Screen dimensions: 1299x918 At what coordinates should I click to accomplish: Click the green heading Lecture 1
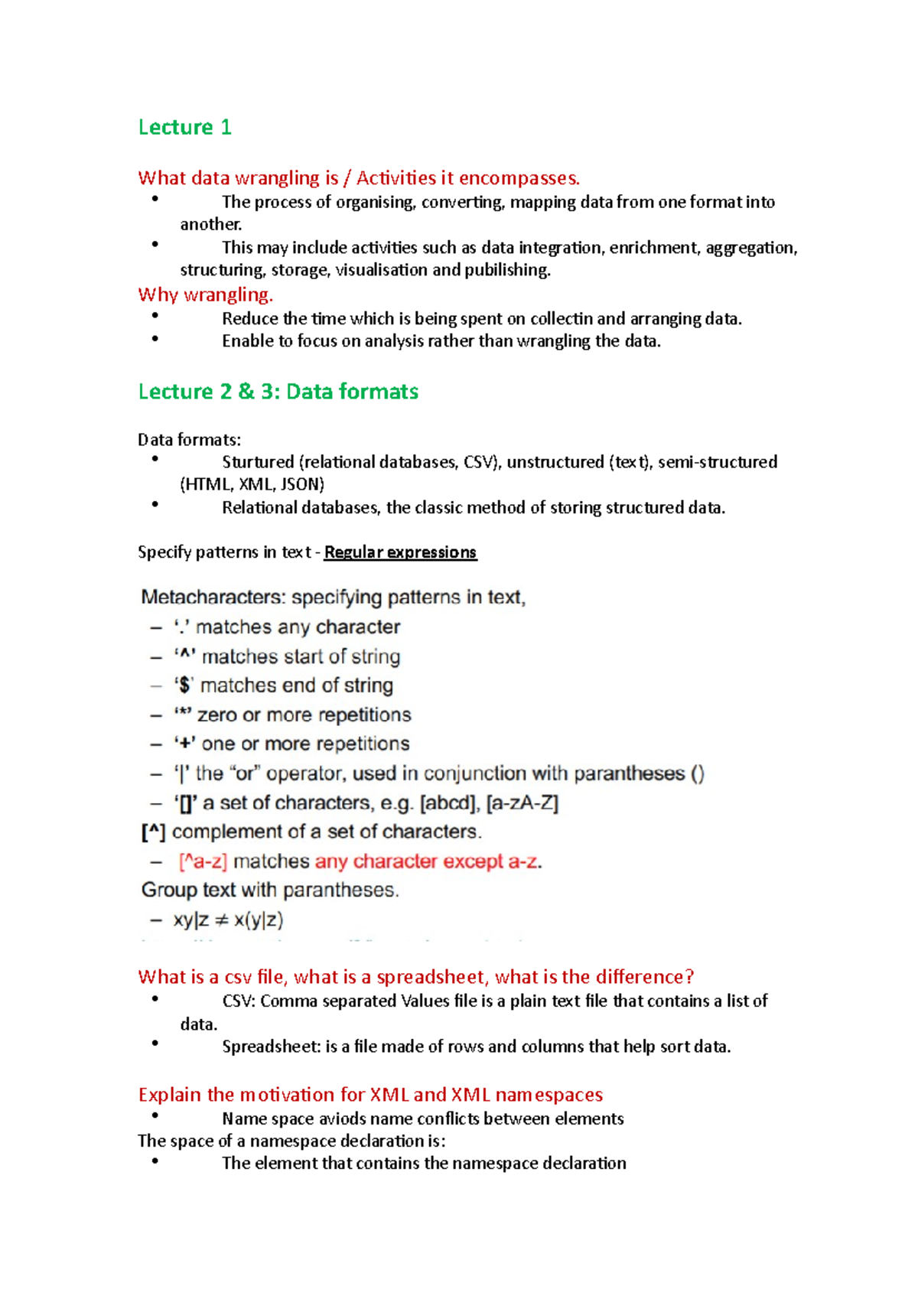click(x=184, y=127)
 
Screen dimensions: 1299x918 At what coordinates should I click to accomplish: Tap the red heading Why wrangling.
click(x=205, y=295)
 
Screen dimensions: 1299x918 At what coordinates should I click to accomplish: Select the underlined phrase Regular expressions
click(x=400, y=552)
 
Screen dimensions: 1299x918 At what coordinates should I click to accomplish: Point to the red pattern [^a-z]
click(x=203, y=861)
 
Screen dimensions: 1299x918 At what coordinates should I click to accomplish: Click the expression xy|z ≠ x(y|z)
click(x=228, y=920)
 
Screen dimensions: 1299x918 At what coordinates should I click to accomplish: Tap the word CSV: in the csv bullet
click(x=239, y=1001)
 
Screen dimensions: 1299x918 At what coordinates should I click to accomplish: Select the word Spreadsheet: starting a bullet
click(x=271, y=1047)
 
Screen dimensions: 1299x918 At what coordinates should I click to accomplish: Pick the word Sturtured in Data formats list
click(x=258, y=462)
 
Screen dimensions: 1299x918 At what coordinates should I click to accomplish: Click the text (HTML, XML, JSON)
click(x=252, y=484)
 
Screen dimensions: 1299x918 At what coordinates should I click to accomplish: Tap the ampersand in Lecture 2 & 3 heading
click(x=246, y=392)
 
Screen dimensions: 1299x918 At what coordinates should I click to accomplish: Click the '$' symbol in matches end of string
click(x=184, y=685)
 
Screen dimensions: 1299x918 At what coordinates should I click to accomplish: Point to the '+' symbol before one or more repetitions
click(x=184, y=744)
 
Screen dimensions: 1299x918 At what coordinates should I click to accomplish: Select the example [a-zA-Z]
click(x=522, y=803)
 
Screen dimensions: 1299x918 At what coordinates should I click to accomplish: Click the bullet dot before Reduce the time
click(x=155, y=316)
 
